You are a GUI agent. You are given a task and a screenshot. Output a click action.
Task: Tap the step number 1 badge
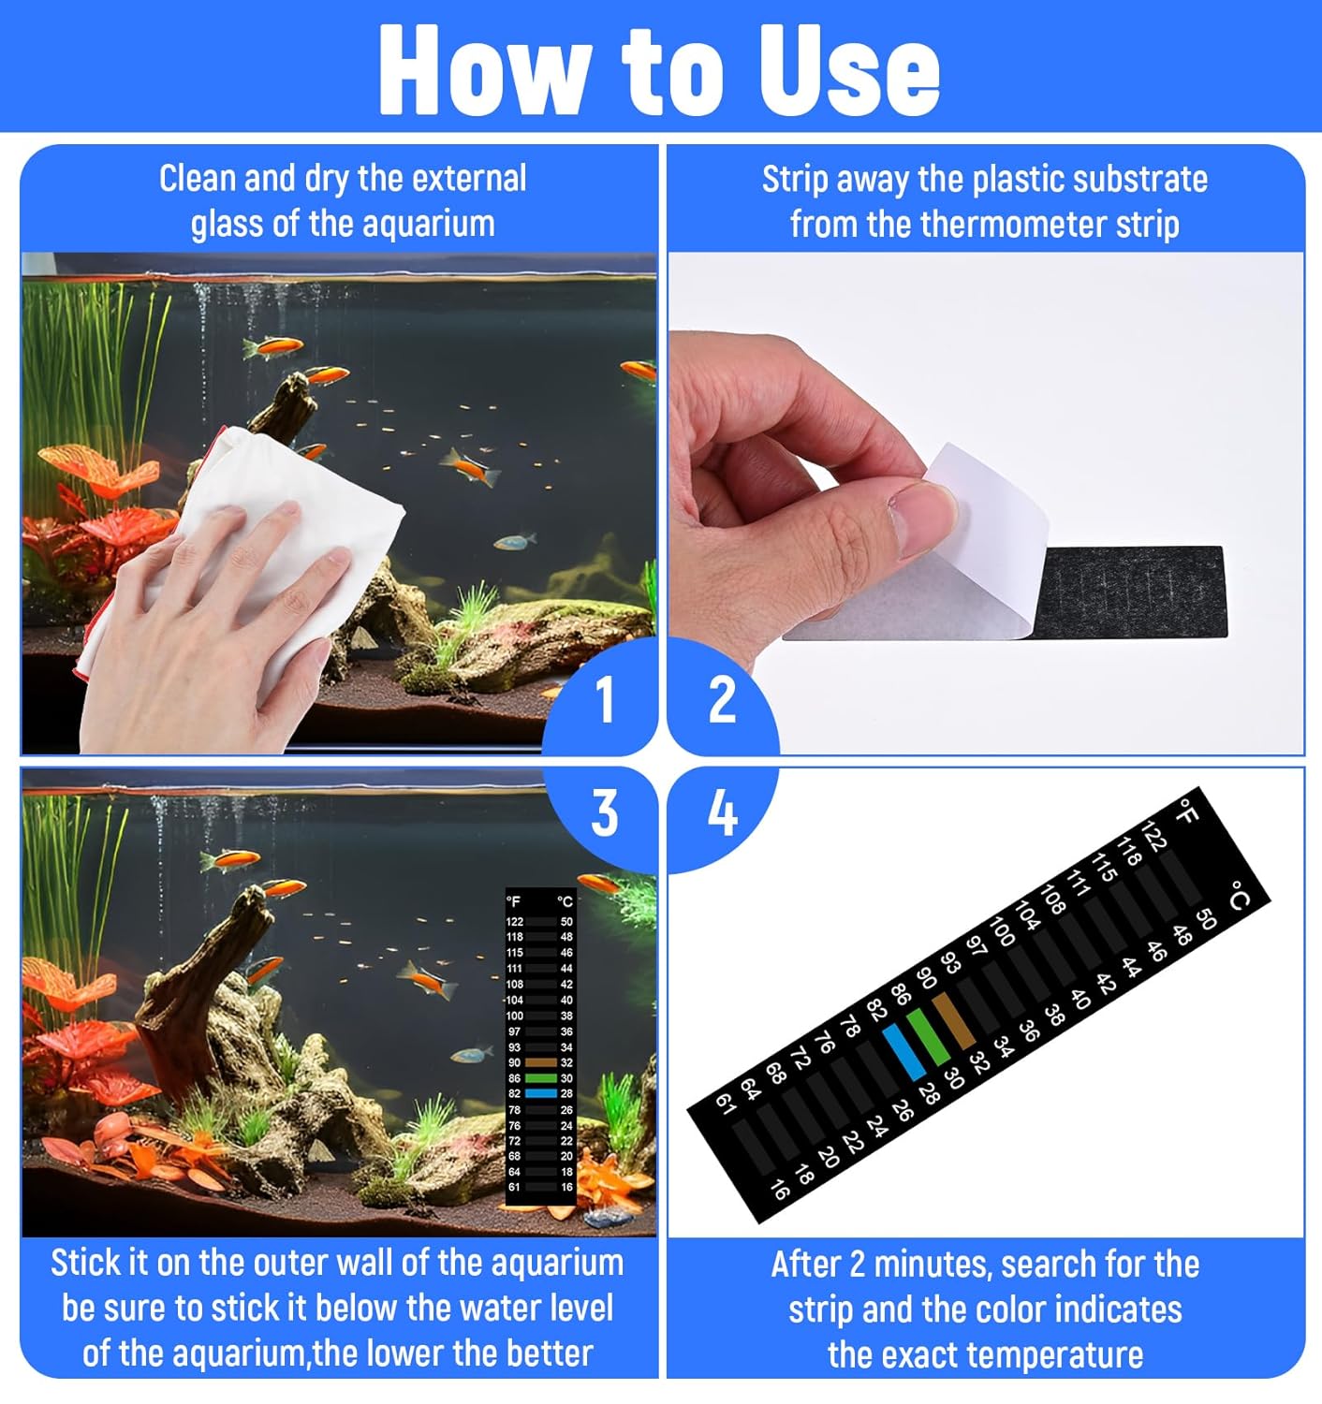coord(605,699)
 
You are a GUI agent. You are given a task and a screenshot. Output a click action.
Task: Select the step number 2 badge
coord(722,699)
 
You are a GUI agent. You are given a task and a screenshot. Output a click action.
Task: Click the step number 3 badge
coord(605,812)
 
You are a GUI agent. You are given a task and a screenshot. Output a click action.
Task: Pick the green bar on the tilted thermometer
coord(929,1036)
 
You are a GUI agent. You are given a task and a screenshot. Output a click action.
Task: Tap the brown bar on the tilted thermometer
coord(954,1020)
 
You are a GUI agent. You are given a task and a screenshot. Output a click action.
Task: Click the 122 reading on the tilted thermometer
coord(1153,836)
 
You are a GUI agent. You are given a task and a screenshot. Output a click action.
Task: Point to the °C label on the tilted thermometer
coord(1239,895)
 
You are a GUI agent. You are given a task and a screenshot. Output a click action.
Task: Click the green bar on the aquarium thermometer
coord(540,1078)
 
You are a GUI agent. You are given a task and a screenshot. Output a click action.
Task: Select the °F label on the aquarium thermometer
coord(513,901)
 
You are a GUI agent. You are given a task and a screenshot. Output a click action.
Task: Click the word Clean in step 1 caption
coord(198,178)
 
